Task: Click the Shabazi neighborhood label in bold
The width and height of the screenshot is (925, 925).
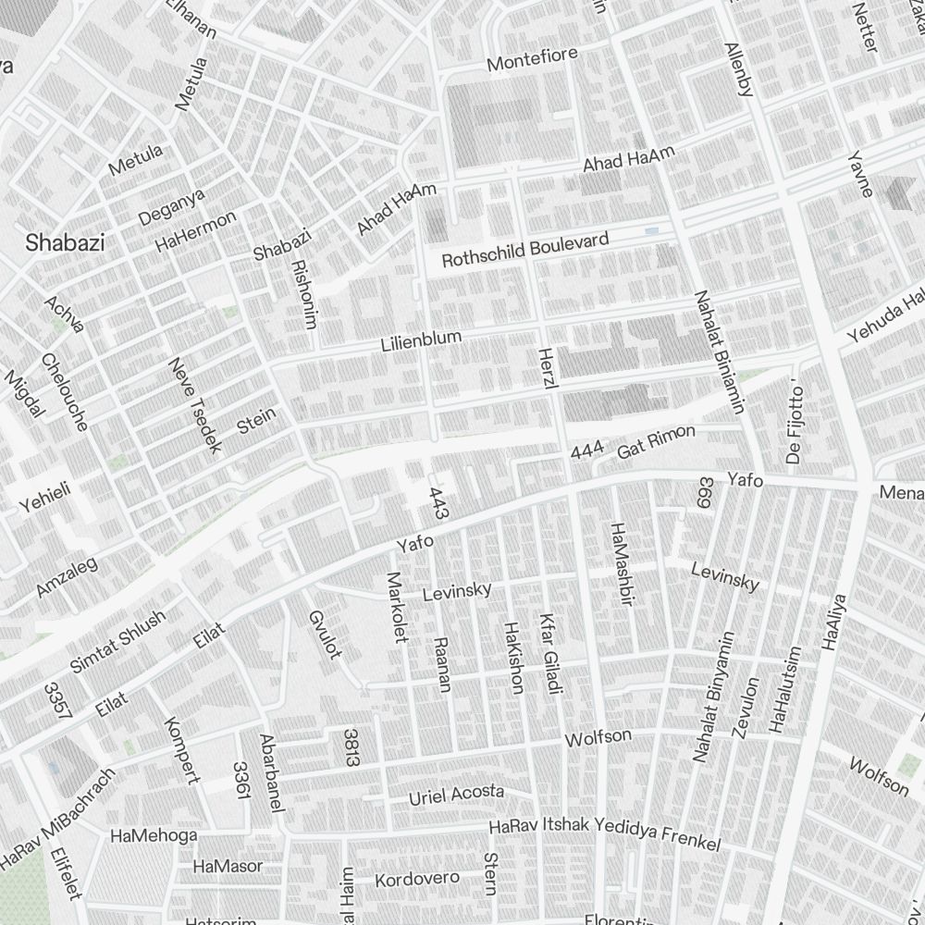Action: point(65,243)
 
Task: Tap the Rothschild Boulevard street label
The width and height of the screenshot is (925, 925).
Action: point(524,250)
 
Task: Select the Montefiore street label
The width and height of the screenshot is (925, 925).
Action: point(532,59)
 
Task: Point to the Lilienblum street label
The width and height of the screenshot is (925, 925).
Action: point(421,340)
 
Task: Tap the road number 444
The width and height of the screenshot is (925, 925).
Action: point(587,451)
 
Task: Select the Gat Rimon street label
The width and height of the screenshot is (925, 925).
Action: point(656,442)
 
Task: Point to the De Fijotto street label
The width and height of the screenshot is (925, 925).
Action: point(795,422)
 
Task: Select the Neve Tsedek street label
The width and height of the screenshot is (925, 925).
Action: point(195,405)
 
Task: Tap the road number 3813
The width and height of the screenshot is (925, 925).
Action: point(351,747)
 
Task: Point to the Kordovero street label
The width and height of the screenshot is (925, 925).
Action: point(416,878)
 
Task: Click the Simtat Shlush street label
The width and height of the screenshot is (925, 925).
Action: point(117,640)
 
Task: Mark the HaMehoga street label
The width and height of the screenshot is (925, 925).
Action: point(154,836)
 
